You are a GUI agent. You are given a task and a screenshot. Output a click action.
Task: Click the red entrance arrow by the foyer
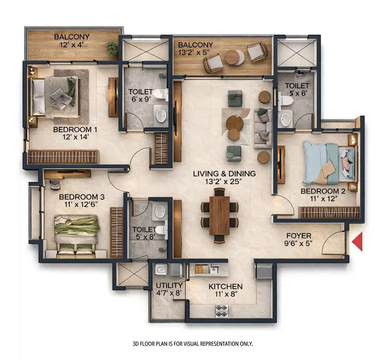click(x=357, y=242)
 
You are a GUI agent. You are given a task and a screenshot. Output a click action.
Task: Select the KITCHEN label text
click(x=225, y=286)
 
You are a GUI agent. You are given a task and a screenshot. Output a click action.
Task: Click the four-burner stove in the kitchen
click(x=221, y=311)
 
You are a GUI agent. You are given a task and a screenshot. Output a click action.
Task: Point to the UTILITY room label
click(x=169, y=285)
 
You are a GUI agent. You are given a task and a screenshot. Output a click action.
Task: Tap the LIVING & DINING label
click(x=224, y=174)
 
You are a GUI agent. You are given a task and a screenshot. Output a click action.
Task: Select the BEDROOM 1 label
click(x=75, y=130)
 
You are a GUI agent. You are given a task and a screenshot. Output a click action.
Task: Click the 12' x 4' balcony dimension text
click(x=72, y=45)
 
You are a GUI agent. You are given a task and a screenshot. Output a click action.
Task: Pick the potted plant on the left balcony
click(x=112, y=48)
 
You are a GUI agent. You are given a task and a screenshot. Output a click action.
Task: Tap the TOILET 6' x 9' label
click(x=140, y=92)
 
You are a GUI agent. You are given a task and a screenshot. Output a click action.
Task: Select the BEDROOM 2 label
click(x=318, y=191)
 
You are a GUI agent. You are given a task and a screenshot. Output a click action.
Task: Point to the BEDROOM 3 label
click(x=82, y=197)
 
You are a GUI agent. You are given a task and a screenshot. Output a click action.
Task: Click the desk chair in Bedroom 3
click(x=55, y=184)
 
